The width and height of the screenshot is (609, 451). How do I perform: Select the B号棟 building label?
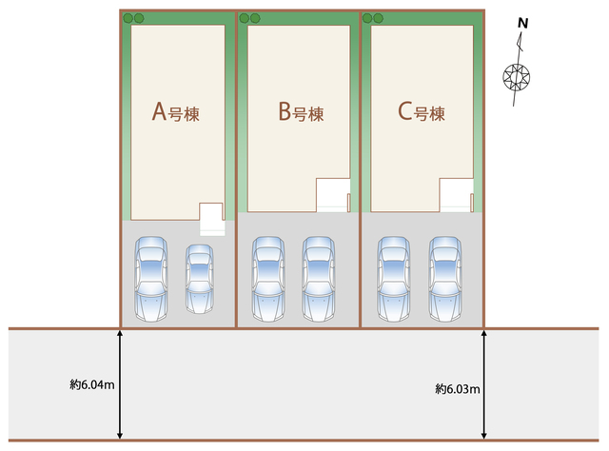[301, 113]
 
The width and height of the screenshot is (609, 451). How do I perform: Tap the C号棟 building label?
[422, 113]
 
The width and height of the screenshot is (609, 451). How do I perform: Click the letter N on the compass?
[522, 24]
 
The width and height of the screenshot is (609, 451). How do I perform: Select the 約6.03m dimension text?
[458, 388]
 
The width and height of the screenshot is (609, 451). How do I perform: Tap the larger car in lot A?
[151, 277]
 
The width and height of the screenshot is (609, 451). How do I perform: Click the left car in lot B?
[269, 277]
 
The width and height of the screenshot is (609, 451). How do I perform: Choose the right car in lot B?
[318, 277]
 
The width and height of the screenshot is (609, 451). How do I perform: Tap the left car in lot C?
[393, 277]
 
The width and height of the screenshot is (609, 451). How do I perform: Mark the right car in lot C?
[443, 277]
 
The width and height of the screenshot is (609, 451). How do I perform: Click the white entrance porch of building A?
[211, 220]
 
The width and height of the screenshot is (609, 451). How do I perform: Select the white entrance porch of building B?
[333, 195]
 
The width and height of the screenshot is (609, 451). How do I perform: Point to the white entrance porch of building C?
[455, 195]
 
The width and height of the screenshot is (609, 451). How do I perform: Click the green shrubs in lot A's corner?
[132, 18]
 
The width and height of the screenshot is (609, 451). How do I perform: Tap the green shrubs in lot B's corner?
[249, 18]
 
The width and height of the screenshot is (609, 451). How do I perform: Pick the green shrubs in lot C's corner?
[372, 18]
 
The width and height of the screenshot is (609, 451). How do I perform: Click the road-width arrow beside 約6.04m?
[120, 384]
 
